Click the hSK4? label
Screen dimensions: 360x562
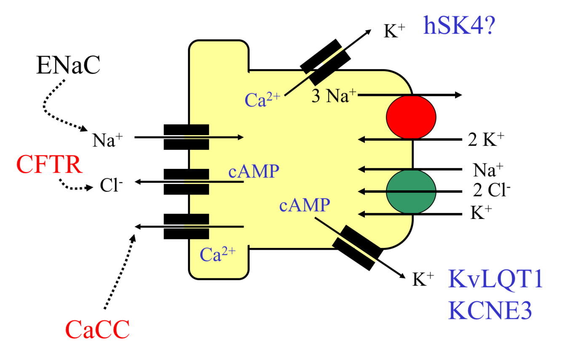point(458,26)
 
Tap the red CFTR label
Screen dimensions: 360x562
point(50,165)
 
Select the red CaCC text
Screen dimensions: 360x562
point(97,330)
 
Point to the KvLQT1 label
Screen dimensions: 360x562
point(495,279)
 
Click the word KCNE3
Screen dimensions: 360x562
point(490,311)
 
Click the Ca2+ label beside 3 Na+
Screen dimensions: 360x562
point(262,100)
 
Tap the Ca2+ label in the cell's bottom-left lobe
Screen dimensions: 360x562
point(217,254)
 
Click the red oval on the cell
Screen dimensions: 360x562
point(411,117)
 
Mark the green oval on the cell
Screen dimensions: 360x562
point(411,192)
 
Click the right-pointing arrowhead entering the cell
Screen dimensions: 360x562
point(241,137)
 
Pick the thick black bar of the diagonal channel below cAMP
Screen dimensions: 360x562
point(346,237)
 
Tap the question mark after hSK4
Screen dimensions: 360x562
point(489,26)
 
